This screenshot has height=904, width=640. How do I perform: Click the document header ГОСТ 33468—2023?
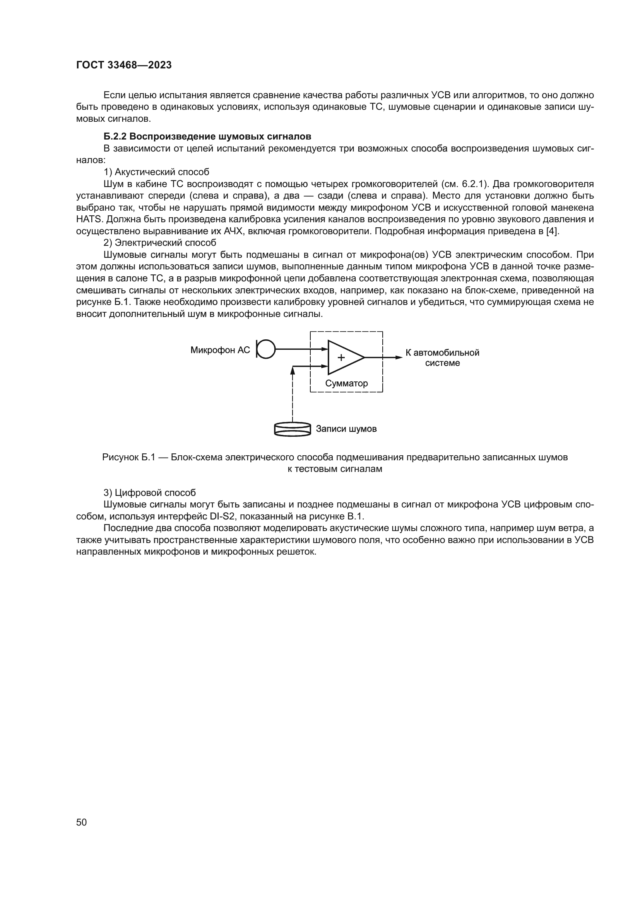tap(124, 65)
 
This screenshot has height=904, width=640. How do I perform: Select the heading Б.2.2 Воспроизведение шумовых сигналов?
tap(207, 136)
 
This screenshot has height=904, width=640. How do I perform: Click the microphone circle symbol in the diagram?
tap(266, 349)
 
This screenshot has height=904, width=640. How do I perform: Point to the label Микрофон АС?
tap(220, 350)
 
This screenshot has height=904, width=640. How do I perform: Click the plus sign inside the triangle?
tap(341, 358)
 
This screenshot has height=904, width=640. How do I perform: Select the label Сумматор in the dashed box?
tap(346, 383)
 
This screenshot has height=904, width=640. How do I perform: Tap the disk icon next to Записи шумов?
tap(293, 429)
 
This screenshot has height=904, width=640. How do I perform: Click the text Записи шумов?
tap(346, 429)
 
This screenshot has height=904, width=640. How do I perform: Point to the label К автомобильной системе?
tap(442, 358)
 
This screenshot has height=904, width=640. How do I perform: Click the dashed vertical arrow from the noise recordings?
tap(293, 394)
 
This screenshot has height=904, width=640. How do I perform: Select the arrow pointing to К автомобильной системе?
tap(390, 358)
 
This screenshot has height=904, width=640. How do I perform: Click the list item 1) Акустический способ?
tap(156, 172)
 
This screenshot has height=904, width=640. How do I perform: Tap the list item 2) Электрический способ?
tap(159, 243)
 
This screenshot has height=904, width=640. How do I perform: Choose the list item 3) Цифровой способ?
tap(149, 492)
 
